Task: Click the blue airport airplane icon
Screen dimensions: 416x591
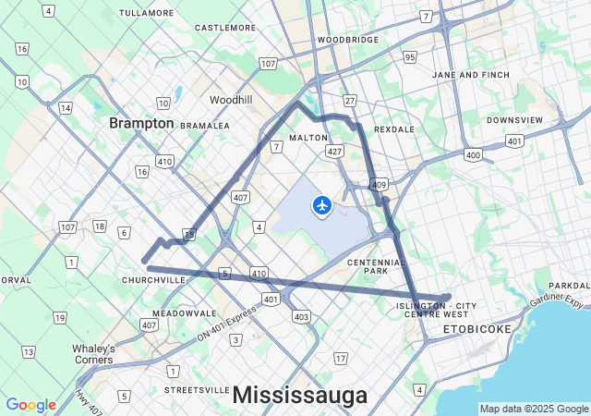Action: pos(322,204)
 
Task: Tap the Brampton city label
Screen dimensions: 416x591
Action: pos(141,123)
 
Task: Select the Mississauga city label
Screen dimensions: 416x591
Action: pos(299,395)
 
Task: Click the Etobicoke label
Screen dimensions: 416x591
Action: pos(476,328)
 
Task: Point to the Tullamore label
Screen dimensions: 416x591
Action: pos(147,13)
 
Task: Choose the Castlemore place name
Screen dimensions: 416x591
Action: pos(224,28)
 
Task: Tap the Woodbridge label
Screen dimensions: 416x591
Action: pos(348,40)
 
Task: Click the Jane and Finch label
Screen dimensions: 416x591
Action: pos(471,74)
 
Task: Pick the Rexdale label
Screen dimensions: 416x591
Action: pos(394,129)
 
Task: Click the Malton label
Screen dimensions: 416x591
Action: pos(308,138)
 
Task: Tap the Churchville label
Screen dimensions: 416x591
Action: pos(153,279)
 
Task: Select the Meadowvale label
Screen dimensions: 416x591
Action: pos(184,313)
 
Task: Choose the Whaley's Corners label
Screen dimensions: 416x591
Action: pos(93,353)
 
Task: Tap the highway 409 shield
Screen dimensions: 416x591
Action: pos(379,185)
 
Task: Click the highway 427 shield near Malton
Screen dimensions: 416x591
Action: pos(335,150)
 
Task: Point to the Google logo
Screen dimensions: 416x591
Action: pos(30,404)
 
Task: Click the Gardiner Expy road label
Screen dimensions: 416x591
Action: pos(556,301)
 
